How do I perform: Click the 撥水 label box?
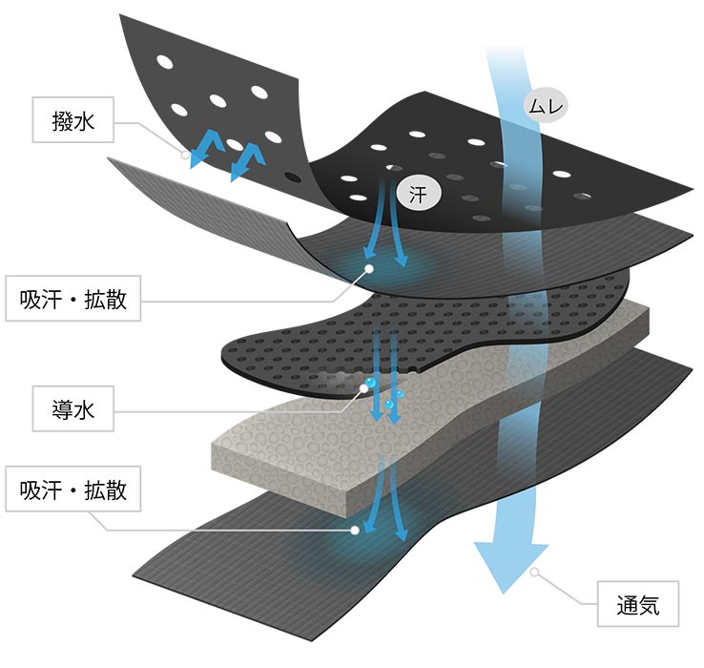tap(73, 120)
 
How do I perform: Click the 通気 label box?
tap(638, 603)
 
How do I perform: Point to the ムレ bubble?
tap(545, 105)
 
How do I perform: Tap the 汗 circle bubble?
tap(418, 193)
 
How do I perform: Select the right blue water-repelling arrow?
tap(247, 160)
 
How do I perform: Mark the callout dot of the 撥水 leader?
tap(186, 153)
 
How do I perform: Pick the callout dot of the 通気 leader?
tap(536, 574)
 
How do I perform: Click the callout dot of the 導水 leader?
tap(363, 387)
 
